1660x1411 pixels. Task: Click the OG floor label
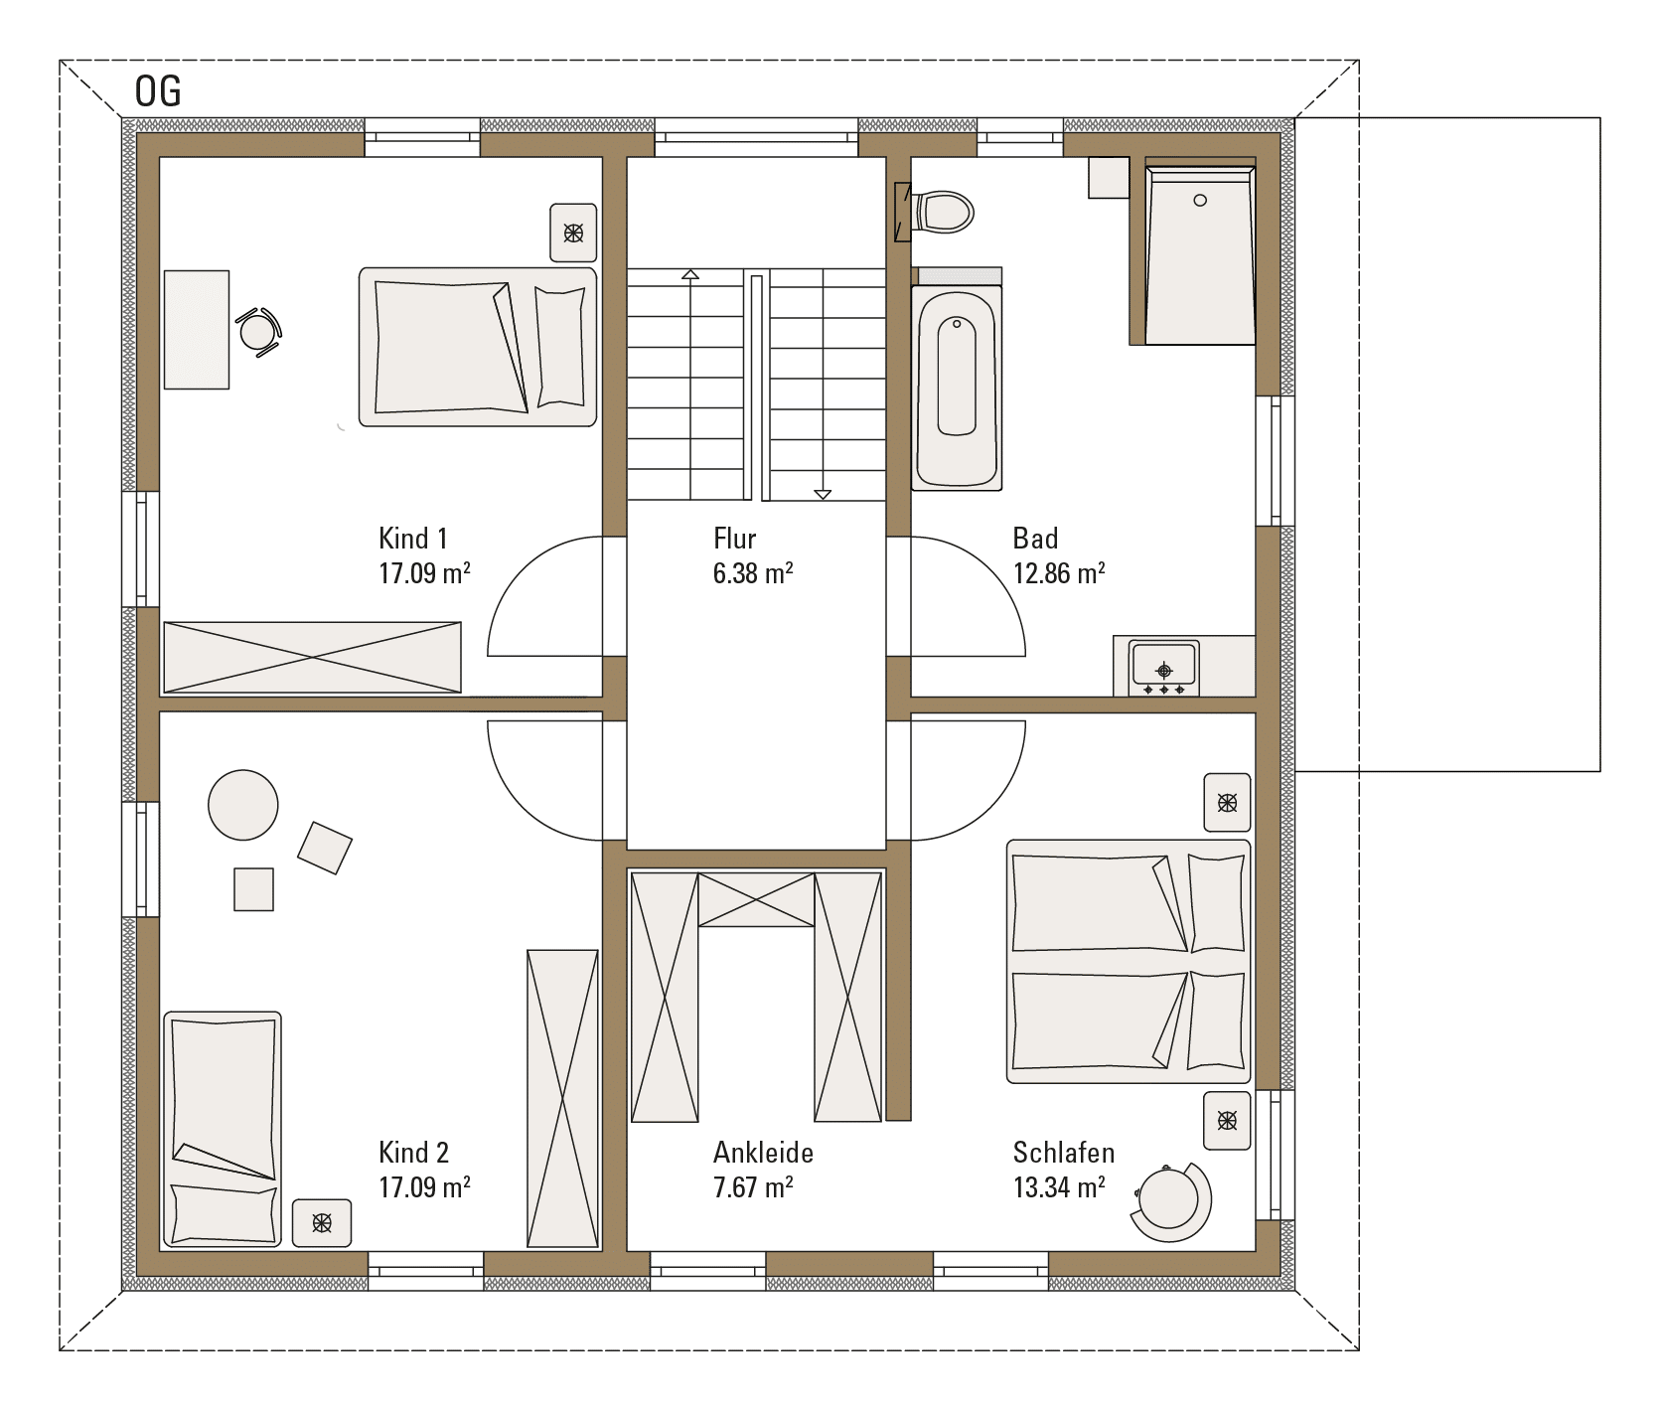(158, 91)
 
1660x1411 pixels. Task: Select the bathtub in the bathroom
(957, 388)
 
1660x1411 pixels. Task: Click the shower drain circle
(1200, 201)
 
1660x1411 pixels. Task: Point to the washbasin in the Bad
(1164, 668)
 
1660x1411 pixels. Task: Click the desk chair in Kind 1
(259, 329)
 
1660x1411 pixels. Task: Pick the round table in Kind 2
(243, 805)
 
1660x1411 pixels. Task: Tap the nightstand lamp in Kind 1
(574, 234)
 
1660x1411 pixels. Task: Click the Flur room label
(735, 539)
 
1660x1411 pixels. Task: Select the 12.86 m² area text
(1059, 573)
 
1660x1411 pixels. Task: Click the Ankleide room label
(763, 1153)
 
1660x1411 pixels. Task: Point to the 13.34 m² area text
(1059, 1187)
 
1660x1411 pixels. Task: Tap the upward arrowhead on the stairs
(689, 274)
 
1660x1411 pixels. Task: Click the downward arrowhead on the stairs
(822, 493)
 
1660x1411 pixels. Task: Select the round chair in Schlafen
(1172, 1200)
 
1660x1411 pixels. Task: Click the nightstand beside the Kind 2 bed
(322, 1222)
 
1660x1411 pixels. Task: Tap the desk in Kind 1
(197, 329)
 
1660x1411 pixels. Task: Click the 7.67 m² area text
(753, 1187)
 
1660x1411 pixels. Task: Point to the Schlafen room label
(1064, 1153)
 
